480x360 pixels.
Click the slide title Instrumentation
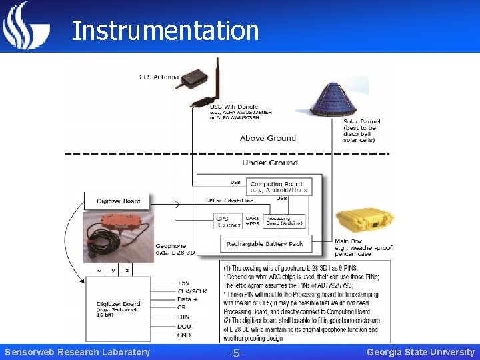click(x=165, y=31)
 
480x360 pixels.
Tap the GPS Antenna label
click(x=159, y=77)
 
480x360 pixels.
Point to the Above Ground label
click(x=268, y=138)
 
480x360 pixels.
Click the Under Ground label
click(x=269, y=163)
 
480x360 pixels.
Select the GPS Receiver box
click(x=228, y=221)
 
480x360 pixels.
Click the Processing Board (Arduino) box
click(x=285, y=221)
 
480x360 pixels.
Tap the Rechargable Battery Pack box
click(x=265, y=244)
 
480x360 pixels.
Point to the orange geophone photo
click(x=118, y=234)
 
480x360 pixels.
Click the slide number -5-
click(x=235, y=352)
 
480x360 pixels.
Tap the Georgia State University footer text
click(x=421, y=352)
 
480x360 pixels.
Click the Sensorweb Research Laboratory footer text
click(x=77, y=352)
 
